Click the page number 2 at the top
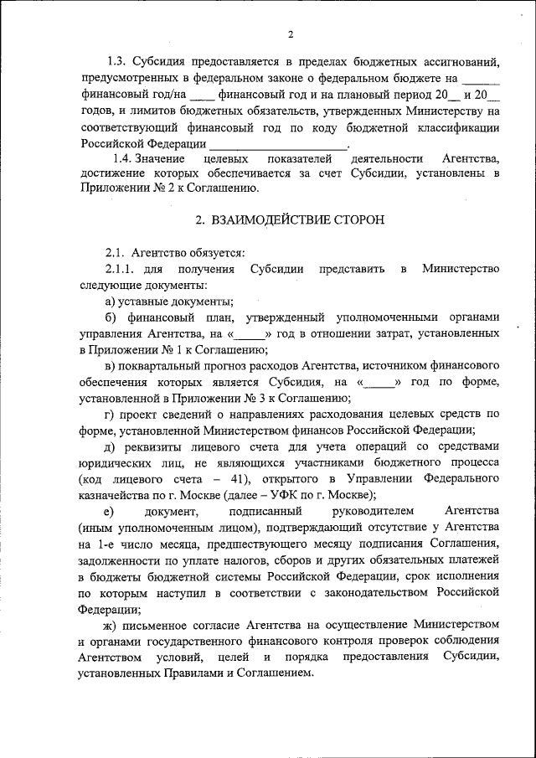pos(290,34)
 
